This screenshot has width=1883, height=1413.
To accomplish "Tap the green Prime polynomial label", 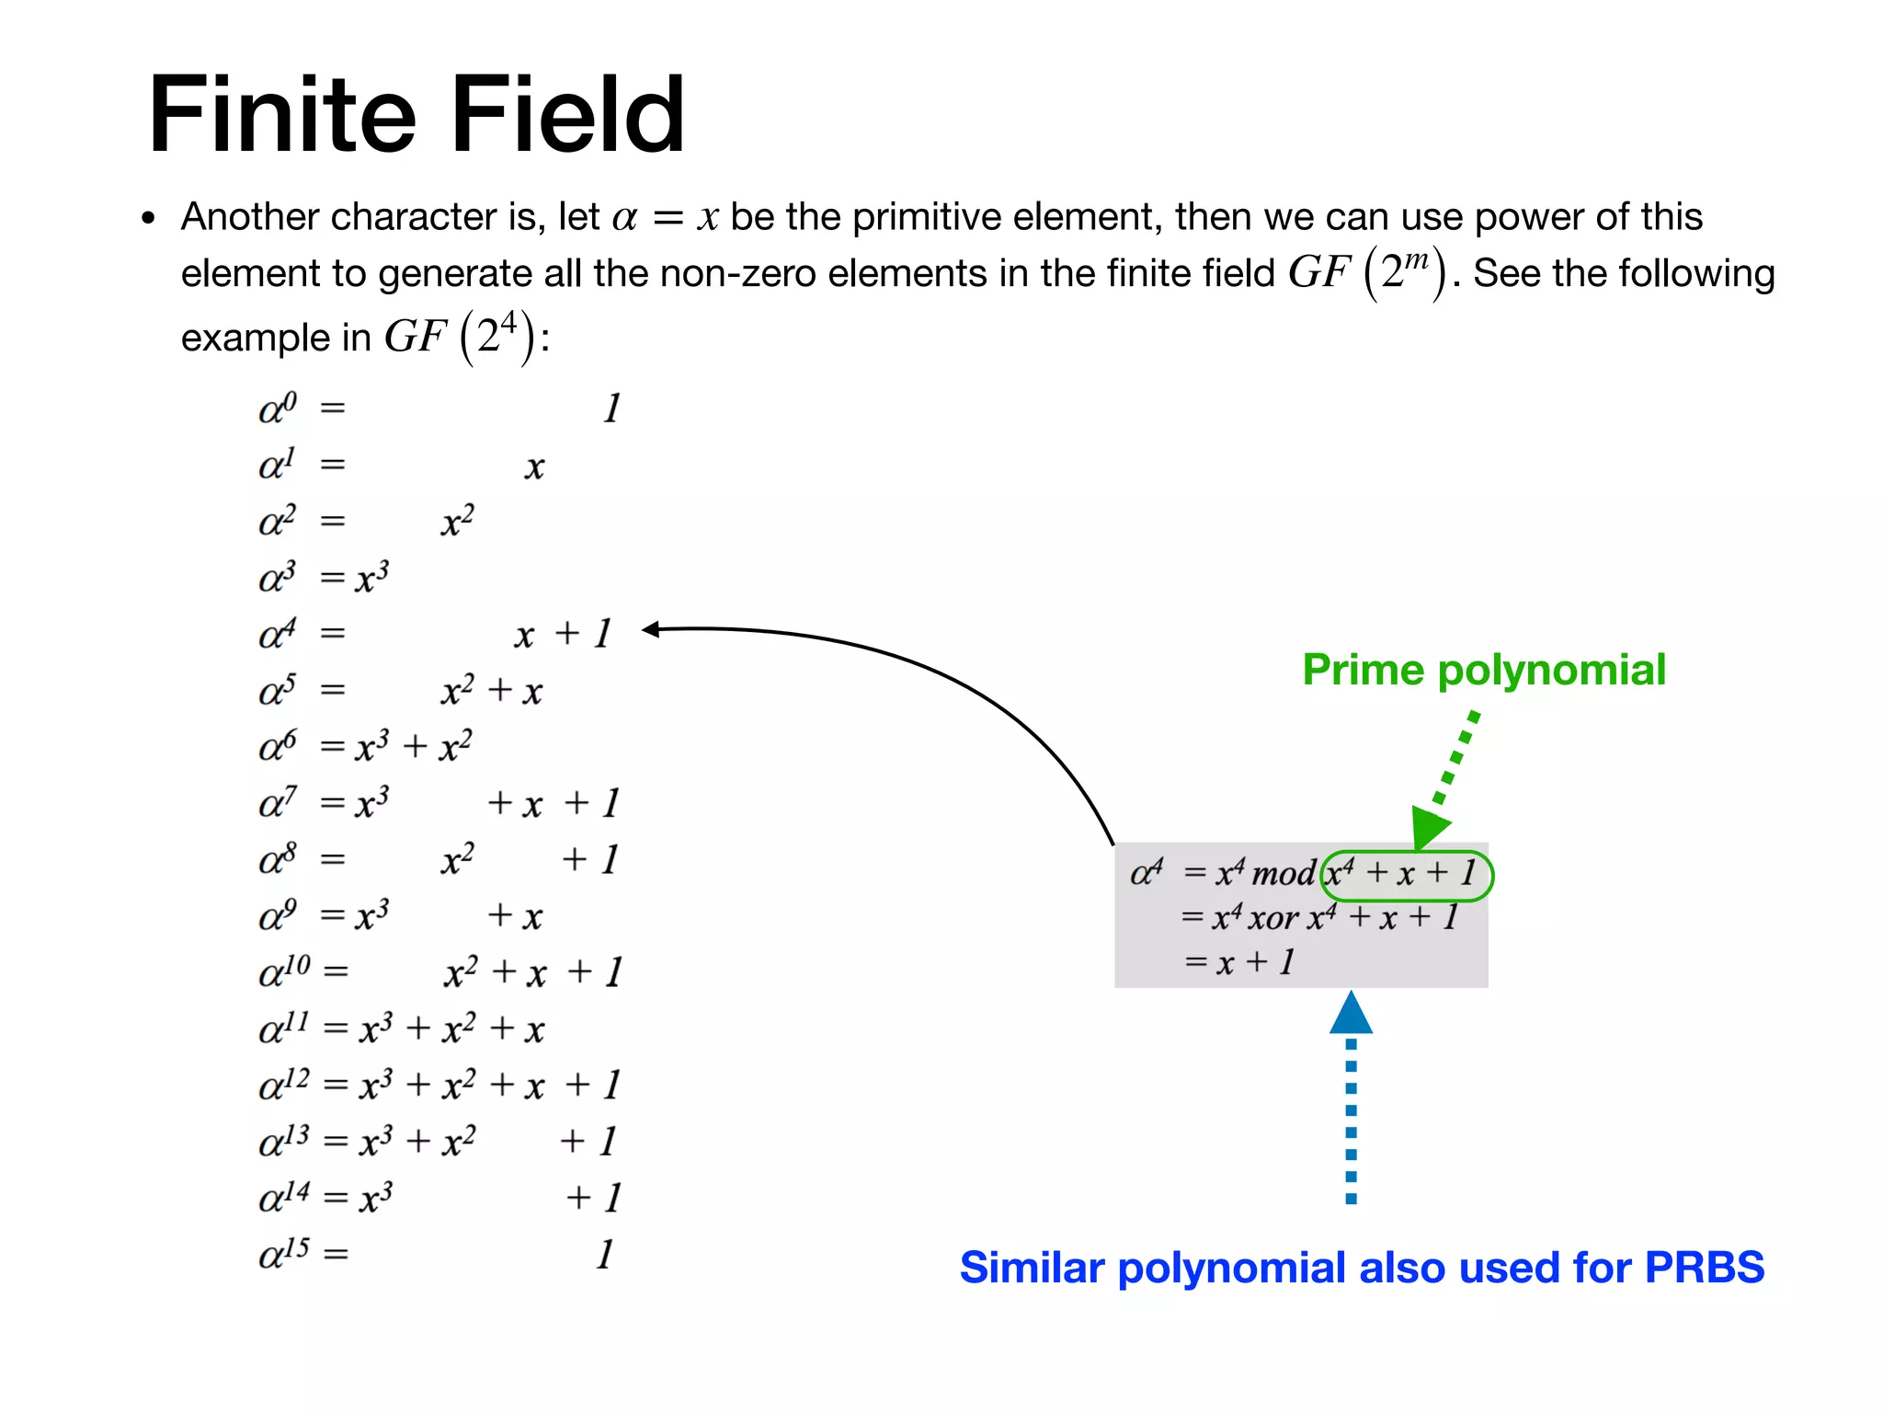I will coord(1484,670).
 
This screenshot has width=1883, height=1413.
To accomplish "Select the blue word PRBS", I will coord(1704,1268).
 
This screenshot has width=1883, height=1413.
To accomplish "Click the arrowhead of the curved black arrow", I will coord(651,629).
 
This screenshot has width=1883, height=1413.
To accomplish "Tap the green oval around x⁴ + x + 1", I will coord(1407,874).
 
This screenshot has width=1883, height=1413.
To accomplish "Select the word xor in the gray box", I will coord(1273,918).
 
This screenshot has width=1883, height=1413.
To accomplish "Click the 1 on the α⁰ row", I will coord(611,408).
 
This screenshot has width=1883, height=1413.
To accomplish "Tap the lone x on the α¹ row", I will coord(534,467).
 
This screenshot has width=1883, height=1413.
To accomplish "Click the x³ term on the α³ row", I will coord(372,578).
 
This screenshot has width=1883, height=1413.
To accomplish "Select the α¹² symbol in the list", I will coord(284,1085).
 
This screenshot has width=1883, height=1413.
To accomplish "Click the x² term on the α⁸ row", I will coord(457,860).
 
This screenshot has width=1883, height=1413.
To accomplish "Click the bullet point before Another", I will coord(149,219).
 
